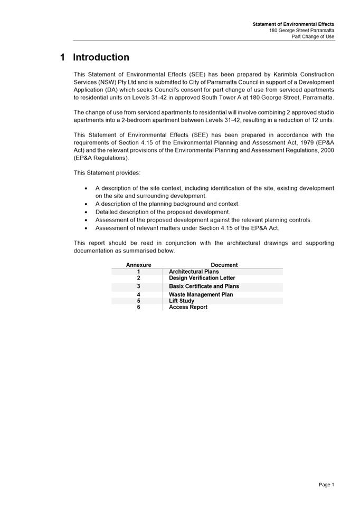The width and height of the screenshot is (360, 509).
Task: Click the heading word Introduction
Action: [x=101, y=57]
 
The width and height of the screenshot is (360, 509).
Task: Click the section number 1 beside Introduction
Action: [x=63, y=57]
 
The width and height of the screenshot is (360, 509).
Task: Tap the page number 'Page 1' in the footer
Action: [x=326, y=485]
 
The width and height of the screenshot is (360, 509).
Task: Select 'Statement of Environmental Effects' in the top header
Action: [x=293, y=24]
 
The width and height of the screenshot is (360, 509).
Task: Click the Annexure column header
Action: [x=138, y=265]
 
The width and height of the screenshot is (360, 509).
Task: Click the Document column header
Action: [x=224, y=265]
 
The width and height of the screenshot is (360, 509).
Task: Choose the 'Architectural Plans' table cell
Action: [x=194, y=272]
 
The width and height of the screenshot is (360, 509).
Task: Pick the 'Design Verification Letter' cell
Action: [x=202, y=278]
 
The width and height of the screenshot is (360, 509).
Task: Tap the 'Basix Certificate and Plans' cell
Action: [x=204, y=286]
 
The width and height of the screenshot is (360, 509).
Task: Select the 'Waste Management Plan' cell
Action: [x=201, y=295]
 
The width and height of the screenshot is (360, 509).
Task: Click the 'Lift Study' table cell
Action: [x=182, y=301]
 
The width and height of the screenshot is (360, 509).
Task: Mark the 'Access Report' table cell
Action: [x=188, y=307]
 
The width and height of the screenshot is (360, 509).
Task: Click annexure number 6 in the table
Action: [x=139, y=307]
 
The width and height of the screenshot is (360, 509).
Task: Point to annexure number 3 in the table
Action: [x=139, y=286]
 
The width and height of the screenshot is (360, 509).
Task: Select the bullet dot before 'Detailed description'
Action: [x=87, y=212]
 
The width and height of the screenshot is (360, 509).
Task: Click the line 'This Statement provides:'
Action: [x=107, y=172]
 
